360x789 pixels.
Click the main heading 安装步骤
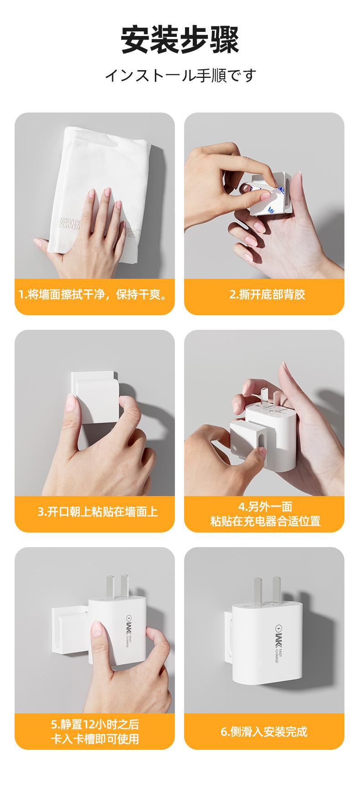tap(180, 40)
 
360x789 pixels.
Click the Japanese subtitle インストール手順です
tap(180, 75)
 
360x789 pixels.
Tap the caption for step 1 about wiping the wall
tap(94, 294)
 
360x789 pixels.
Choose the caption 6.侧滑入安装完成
tap(264, 732)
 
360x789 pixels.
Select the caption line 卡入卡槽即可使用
tap(95, 739)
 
